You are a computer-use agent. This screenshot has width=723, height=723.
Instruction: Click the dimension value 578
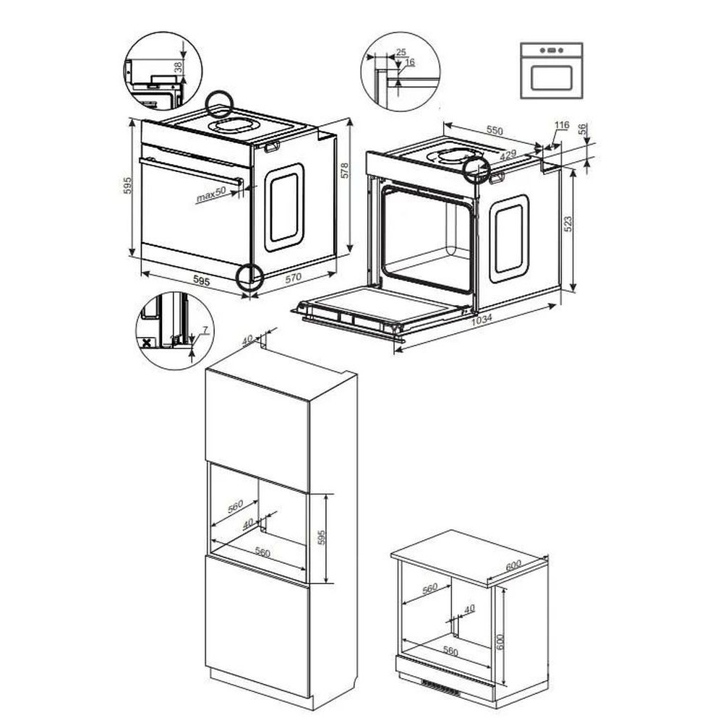click(344, 170)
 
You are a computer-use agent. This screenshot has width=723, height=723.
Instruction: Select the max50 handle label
click(211, 194)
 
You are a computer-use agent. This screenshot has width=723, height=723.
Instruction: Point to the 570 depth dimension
click(294, 278)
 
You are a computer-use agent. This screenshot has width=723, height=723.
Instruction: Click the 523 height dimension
click(568, 223)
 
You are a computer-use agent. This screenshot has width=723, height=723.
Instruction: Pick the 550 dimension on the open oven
click(495, 130)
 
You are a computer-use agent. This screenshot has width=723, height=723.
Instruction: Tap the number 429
click(508, 155)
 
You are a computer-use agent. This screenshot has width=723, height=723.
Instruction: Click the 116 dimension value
click(562, 125)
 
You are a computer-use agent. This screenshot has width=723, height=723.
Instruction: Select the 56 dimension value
click(582, 129)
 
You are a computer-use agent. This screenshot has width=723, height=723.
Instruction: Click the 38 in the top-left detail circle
click(178, 68)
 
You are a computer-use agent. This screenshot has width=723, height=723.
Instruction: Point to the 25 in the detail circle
click(401, 52)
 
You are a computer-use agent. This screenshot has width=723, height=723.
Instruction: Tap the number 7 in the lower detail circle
click(205, 330)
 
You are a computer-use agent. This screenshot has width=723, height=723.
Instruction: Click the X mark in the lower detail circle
click(147, 343)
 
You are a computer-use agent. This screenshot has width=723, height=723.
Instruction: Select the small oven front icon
click(552, 71)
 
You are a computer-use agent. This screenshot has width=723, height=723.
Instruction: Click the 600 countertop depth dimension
click(513, 565)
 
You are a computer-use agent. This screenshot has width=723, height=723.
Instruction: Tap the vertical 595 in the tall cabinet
click(322, 537)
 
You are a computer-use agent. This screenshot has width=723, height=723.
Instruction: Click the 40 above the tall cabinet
click(247, 339)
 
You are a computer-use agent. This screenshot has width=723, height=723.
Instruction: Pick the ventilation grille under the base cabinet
click(441, 688)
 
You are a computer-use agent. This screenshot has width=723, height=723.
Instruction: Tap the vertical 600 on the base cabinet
click(501, 641)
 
